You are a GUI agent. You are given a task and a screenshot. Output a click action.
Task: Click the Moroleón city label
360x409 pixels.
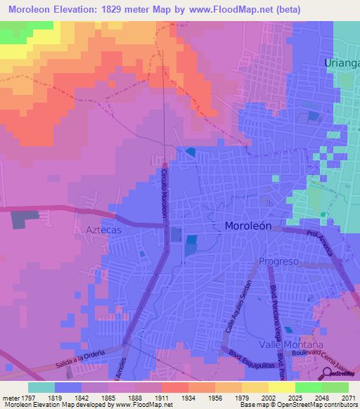click(x=252, y=226)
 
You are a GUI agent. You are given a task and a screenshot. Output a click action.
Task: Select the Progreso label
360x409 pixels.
click(x=279, y=261)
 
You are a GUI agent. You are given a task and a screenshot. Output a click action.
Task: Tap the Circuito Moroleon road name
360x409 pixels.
click(x=164, y=193)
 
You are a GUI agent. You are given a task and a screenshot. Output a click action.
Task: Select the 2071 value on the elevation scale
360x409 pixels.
click(x=339, y=397)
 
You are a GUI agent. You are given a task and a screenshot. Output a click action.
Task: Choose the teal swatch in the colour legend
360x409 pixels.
click(x=41, y=387)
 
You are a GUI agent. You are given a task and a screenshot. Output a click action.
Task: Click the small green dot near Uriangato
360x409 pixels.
click(x=323, y=214)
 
